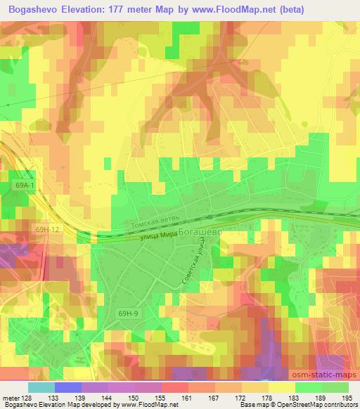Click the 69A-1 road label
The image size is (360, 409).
tap(24, 184)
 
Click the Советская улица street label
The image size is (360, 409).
tap(191, 264)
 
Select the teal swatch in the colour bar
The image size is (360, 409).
tap(40, 387)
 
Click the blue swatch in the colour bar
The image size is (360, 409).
tap(67, 387)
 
